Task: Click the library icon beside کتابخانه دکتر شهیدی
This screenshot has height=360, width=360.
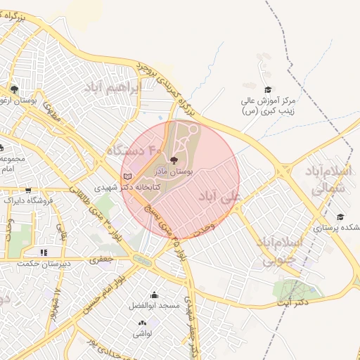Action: (127, 176)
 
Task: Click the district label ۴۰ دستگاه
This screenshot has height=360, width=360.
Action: (134, 150)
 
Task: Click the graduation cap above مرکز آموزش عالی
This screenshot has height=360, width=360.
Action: (267, 89)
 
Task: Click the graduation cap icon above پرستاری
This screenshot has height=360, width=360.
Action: (340, 217)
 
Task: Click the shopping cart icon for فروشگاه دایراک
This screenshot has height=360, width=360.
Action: (27, 190)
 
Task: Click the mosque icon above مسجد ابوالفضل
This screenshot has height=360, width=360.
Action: (154, 295)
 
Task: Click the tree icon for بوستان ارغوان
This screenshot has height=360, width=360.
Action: (14, 89)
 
